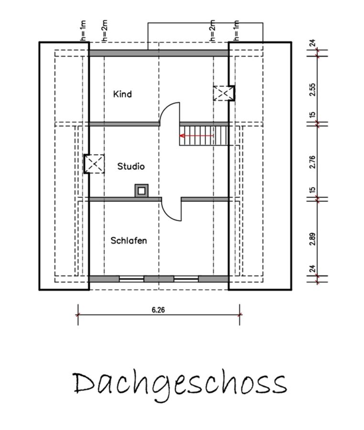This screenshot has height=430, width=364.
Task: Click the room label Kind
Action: [x=122, y=94]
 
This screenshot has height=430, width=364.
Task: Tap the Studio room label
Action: [x=131, y=166]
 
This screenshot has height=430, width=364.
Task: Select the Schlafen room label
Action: [x=128, y=240]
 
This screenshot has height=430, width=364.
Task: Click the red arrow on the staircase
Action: [x=196, y=136]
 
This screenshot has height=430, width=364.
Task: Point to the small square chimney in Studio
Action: [x=141, y=191]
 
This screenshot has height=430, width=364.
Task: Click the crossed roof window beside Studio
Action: [x=94, y=164]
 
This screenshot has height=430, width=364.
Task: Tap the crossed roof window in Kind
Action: [x=224, y=93]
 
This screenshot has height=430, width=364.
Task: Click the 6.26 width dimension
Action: [x=159, y=310]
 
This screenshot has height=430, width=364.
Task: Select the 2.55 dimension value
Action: [x=312, y=89]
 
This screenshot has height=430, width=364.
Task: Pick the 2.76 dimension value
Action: [x=312, y=162]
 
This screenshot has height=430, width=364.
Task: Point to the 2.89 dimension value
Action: [x=312, y=239]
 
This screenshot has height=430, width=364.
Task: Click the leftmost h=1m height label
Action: [x=83, y=31]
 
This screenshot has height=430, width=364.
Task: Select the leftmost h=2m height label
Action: [x=105, y=31]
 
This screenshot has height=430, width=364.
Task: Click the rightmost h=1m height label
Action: [x=236, y=31]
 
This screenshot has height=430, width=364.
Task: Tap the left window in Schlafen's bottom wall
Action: [x=131, y=279]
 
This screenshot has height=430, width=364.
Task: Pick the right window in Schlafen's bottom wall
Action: [x=186, y=279]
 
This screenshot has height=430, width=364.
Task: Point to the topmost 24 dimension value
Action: [x=312, y=43]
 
